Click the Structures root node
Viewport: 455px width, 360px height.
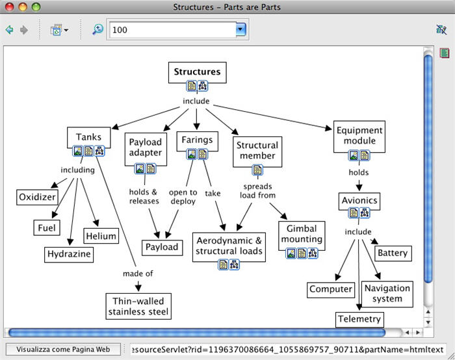coord(197,72)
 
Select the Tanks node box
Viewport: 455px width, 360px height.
coord(88,137)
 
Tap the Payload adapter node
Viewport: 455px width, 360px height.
coord(145,148)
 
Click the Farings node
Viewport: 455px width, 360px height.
coord(196,140)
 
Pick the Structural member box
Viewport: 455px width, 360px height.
coord(257,150)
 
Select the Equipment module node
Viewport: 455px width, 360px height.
coord(359,135)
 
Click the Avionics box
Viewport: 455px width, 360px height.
coord(359,200)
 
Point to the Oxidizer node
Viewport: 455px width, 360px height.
coord(37,197)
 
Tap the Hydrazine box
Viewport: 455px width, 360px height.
coord(69,254)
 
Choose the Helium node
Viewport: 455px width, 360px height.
coord(101,237)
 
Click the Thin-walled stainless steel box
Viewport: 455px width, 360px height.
coord(138,306)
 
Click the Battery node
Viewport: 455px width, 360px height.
coord(392,253)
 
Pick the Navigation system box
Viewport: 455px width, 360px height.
coord(387,294)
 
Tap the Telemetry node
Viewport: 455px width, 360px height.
coord(359,320)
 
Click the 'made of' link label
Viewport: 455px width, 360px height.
coord(138,274)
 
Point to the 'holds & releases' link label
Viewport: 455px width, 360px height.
coord(144,196)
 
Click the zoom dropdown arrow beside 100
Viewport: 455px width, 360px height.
coord(240,29)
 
